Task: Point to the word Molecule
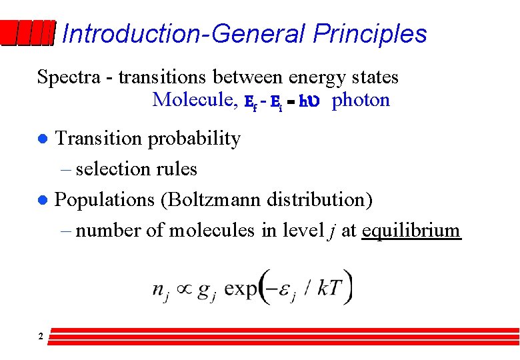pos(194,100)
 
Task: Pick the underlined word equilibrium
pos(411,231)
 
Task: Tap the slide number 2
pos(41,337)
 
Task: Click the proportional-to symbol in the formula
pos(182,288)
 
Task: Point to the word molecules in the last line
pos(211,231)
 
